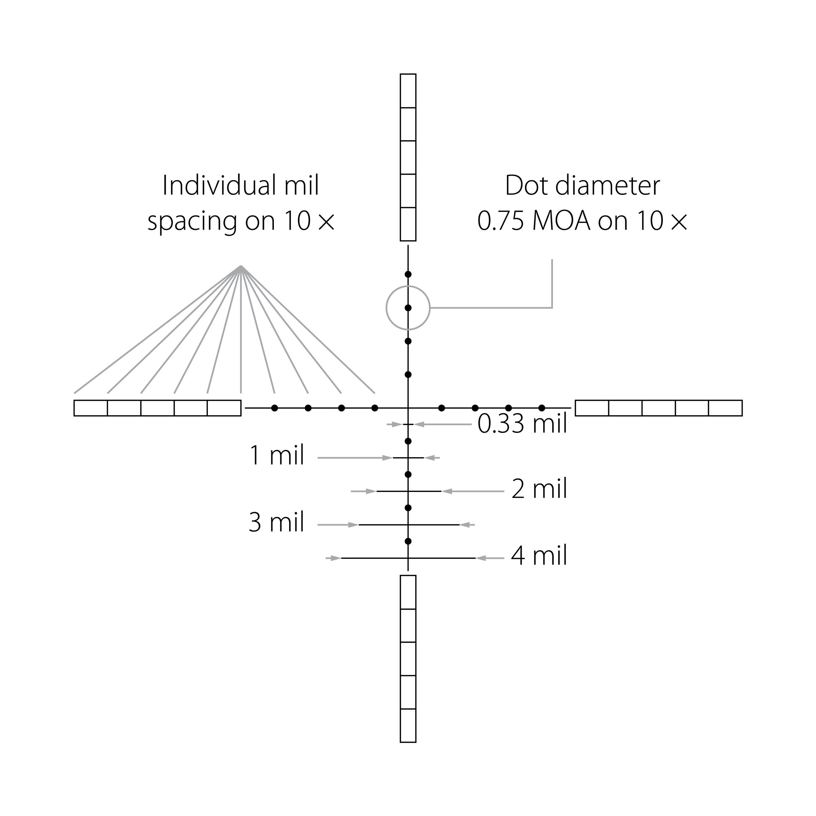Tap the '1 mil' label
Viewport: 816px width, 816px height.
point(277,455)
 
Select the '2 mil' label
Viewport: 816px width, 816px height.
point(539,489)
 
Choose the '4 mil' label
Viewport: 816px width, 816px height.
point(539,556)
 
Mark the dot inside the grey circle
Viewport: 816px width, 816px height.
point(408,308)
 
